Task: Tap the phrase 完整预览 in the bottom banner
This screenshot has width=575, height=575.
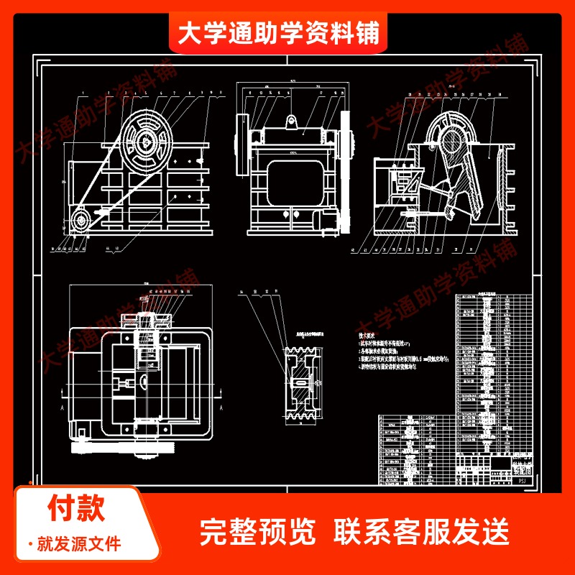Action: (257, 532)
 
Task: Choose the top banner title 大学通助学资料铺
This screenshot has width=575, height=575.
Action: (278, 33)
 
